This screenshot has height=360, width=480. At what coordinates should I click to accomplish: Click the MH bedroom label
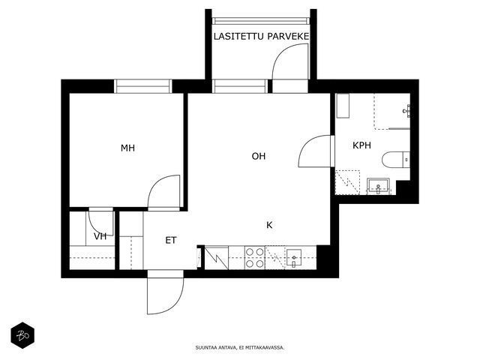coord(127,148)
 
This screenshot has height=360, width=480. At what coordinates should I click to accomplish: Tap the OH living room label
coord(258,156)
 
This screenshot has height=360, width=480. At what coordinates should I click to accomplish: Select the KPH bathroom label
coord(361,145)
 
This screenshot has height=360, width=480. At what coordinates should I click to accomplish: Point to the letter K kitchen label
coord(269,225)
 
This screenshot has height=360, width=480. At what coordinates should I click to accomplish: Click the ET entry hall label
coord(171,240)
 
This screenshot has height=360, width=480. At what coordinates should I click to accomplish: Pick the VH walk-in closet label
coord(100,236)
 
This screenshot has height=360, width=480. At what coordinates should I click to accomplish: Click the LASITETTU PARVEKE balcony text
coord(261,37)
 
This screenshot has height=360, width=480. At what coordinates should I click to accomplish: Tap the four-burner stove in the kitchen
coord(255,258)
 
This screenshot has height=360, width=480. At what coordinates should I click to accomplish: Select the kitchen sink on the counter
coord(293,258)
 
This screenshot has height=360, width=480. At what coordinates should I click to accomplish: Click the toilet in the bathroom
coord(396,160)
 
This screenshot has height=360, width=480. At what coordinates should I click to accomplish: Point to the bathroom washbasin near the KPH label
coord(378,186)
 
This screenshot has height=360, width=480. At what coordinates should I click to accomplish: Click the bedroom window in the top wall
coord(143,86)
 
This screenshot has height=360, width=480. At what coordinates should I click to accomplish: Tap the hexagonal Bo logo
coord(22,335)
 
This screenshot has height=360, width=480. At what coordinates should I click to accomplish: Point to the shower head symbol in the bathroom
coord(407,111)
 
